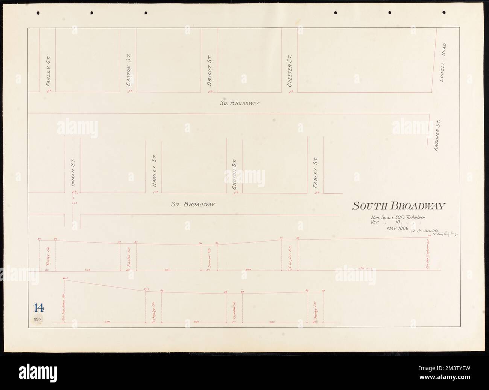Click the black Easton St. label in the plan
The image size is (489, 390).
128,69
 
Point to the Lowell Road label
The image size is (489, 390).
444,60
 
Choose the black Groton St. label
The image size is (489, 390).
234,174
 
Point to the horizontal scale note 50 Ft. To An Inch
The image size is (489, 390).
398,217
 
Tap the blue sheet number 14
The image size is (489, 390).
38,307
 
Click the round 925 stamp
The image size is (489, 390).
38,319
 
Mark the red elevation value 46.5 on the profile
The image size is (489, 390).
65,278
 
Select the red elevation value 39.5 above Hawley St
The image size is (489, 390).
146,289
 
